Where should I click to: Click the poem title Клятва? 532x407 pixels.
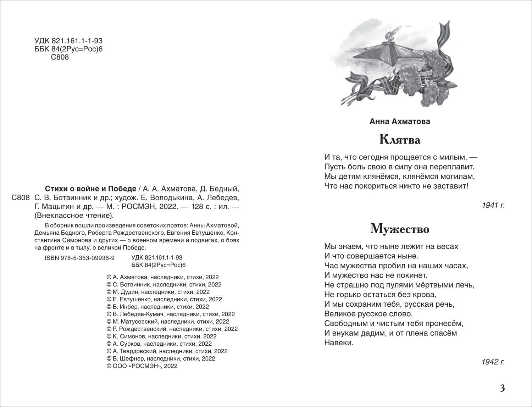pyautogui.click(x=400, y=140)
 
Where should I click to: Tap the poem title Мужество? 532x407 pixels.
pyautogui.click(x=400, y=229)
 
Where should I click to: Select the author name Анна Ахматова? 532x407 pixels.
pyautogui.click(x=400, y=121)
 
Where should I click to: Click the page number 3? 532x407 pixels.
pyautogui.click(x=502, y=388)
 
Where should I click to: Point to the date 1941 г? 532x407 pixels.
pyautogui.click(x=493, y=205)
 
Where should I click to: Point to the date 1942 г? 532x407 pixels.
pyautogui.click(x=493, y=362)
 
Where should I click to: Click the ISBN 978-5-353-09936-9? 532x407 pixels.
pyautogui.click(x=80, y=258)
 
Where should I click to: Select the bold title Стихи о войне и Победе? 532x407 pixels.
pyautogui.click(x=91, y=188)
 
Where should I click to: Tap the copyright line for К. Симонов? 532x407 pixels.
pyautogui.click(x=161, y=336)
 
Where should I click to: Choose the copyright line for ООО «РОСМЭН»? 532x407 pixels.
pyautogui.click(x=142, y=366)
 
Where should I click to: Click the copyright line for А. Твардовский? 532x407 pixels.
pyautogui.click(x=167, y=351)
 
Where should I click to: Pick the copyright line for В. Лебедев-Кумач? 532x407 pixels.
pyautogui.click(x=170, y=314)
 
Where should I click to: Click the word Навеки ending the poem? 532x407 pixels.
pyautogui.click(x=339, y=343)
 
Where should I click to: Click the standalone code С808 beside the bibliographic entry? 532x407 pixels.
pyautogui.click(x=20, y=198)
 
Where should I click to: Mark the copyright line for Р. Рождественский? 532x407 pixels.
pyautogui.click(x=172, y=329)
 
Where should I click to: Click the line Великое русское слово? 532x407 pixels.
pyautogui.click(x=368, y=314)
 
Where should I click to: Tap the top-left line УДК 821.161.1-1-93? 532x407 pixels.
pyautogui.click(x=68, y=41)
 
